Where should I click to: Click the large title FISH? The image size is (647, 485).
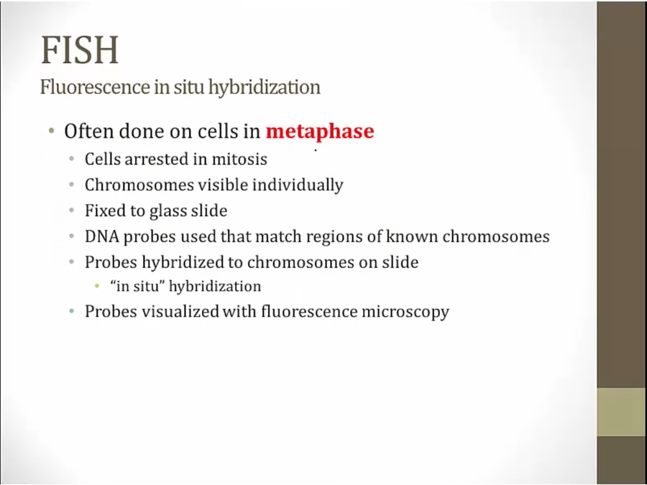tap(80, 50)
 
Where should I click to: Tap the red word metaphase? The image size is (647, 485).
tap(320, 131)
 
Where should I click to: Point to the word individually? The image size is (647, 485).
tap(298, 185)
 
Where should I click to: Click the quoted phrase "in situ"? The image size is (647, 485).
tap(137, 286)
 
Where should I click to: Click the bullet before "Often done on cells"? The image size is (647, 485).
tap(51, 131)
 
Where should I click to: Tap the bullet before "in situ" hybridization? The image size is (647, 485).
tap(97, 286)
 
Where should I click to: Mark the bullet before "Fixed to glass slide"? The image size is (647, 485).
tap(72, 211)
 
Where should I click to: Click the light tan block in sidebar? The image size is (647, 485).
tap(621, 412)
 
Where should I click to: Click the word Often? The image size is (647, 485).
tap(88, 131)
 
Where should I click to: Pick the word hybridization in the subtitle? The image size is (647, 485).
tap(264, 88)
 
